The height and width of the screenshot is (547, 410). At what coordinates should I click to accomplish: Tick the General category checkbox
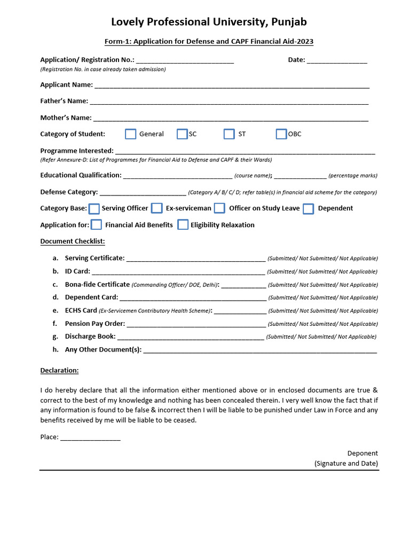[x=130, y=134]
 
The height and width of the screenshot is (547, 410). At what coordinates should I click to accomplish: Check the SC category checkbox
[x=182, y=134]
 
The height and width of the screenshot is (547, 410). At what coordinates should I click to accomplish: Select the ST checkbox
[x=229, y=134]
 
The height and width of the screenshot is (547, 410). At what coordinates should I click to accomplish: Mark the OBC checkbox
[x=281, y=134]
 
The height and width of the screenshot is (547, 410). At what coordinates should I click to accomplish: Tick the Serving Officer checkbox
[x=94, y=208]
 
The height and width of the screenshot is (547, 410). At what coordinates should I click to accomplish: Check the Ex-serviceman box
[x=156, y=208]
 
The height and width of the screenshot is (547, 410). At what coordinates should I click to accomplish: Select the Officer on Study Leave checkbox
[x=219, y=208]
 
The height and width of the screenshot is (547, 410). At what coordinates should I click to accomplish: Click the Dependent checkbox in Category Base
[x=308, y=209]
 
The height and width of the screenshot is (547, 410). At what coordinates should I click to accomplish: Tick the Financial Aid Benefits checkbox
[x=97, y=225]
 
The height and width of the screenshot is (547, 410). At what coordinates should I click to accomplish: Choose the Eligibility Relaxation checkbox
[x=183, y=225]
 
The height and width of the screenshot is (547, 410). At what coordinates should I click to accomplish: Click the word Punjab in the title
[x=289, y=22]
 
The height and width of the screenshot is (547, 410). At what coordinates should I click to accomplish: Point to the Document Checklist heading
[x=73, y=241]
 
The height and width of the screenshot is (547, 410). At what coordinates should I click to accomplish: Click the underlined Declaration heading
[x=59, y=370]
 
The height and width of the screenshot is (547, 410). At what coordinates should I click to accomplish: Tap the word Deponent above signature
[x=362, y=453]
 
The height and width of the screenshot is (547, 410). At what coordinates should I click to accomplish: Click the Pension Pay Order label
[x=94, y=324]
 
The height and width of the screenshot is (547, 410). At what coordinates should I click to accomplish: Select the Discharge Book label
[x=90, y=337]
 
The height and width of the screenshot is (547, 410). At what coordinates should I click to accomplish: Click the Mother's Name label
[x=66, y=118]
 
